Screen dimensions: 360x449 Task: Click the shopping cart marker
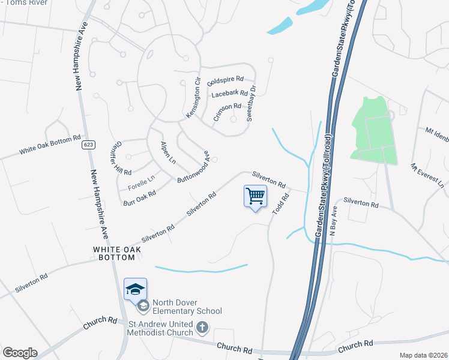point(255,196)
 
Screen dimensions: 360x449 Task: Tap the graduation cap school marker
point(135,289)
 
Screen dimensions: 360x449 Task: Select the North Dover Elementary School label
point(187,307)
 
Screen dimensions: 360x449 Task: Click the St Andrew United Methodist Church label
point(160,328)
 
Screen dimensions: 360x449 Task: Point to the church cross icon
point(203,328)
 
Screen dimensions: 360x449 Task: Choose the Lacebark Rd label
point(230,94)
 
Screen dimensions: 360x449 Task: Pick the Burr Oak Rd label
point(139,199)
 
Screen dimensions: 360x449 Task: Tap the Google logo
point(20,352)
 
